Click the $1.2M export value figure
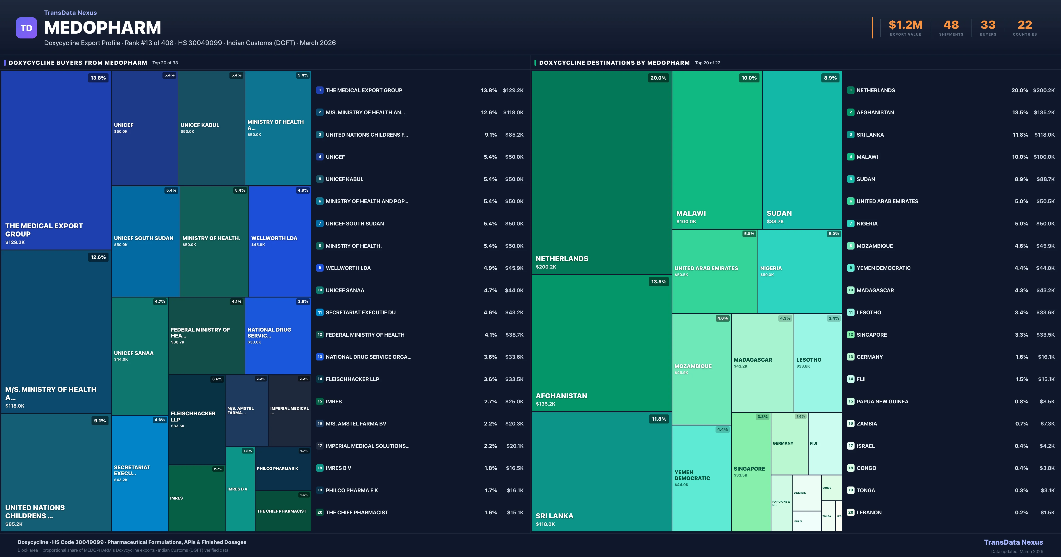pos(905,25)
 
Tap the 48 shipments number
pos(951,25)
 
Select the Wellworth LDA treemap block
pos(280,241)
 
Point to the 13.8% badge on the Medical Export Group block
pos(98,78)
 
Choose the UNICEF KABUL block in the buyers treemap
pos(211,128)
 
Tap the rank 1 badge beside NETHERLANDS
pos(851,90)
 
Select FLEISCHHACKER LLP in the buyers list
pos(352,379)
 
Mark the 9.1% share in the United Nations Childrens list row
pos(490,135)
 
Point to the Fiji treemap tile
pos(824,443)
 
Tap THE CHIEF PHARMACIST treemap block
pos(282,511)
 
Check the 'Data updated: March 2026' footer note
pos(1017,551)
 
